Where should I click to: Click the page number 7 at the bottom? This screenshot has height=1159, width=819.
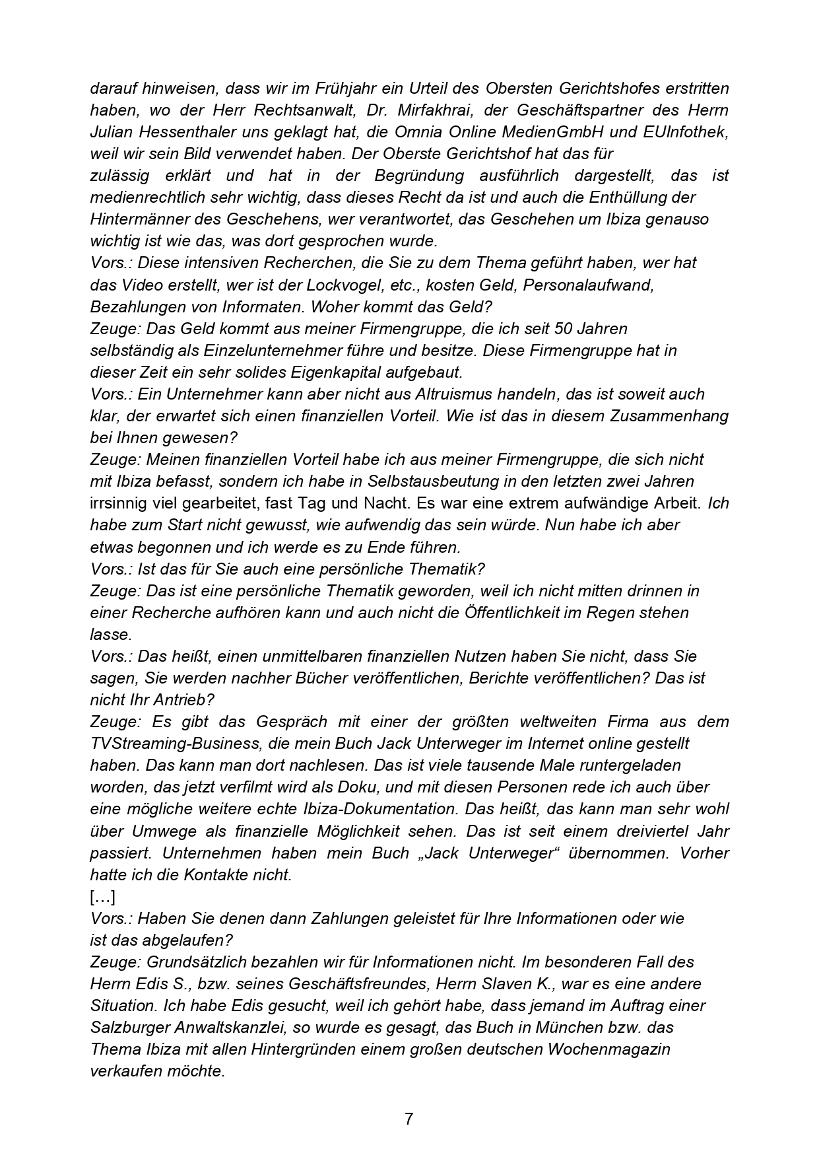[x=409, y=1119]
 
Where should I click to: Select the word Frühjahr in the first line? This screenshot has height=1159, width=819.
[x=368, y=88]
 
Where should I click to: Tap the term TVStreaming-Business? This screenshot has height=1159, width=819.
[x=175, y=744]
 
